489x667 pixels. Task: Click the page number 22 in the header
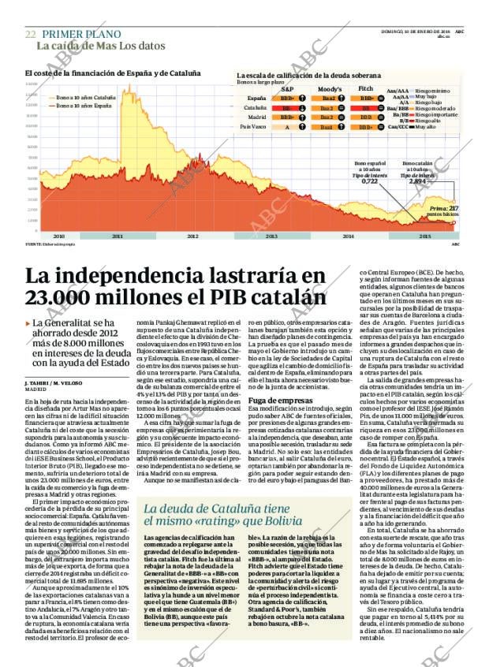(30, 34)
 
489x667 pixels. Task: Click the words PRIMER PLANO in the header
(81, 34)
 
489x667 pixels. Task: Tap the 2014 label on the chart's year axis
(348, 236)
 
